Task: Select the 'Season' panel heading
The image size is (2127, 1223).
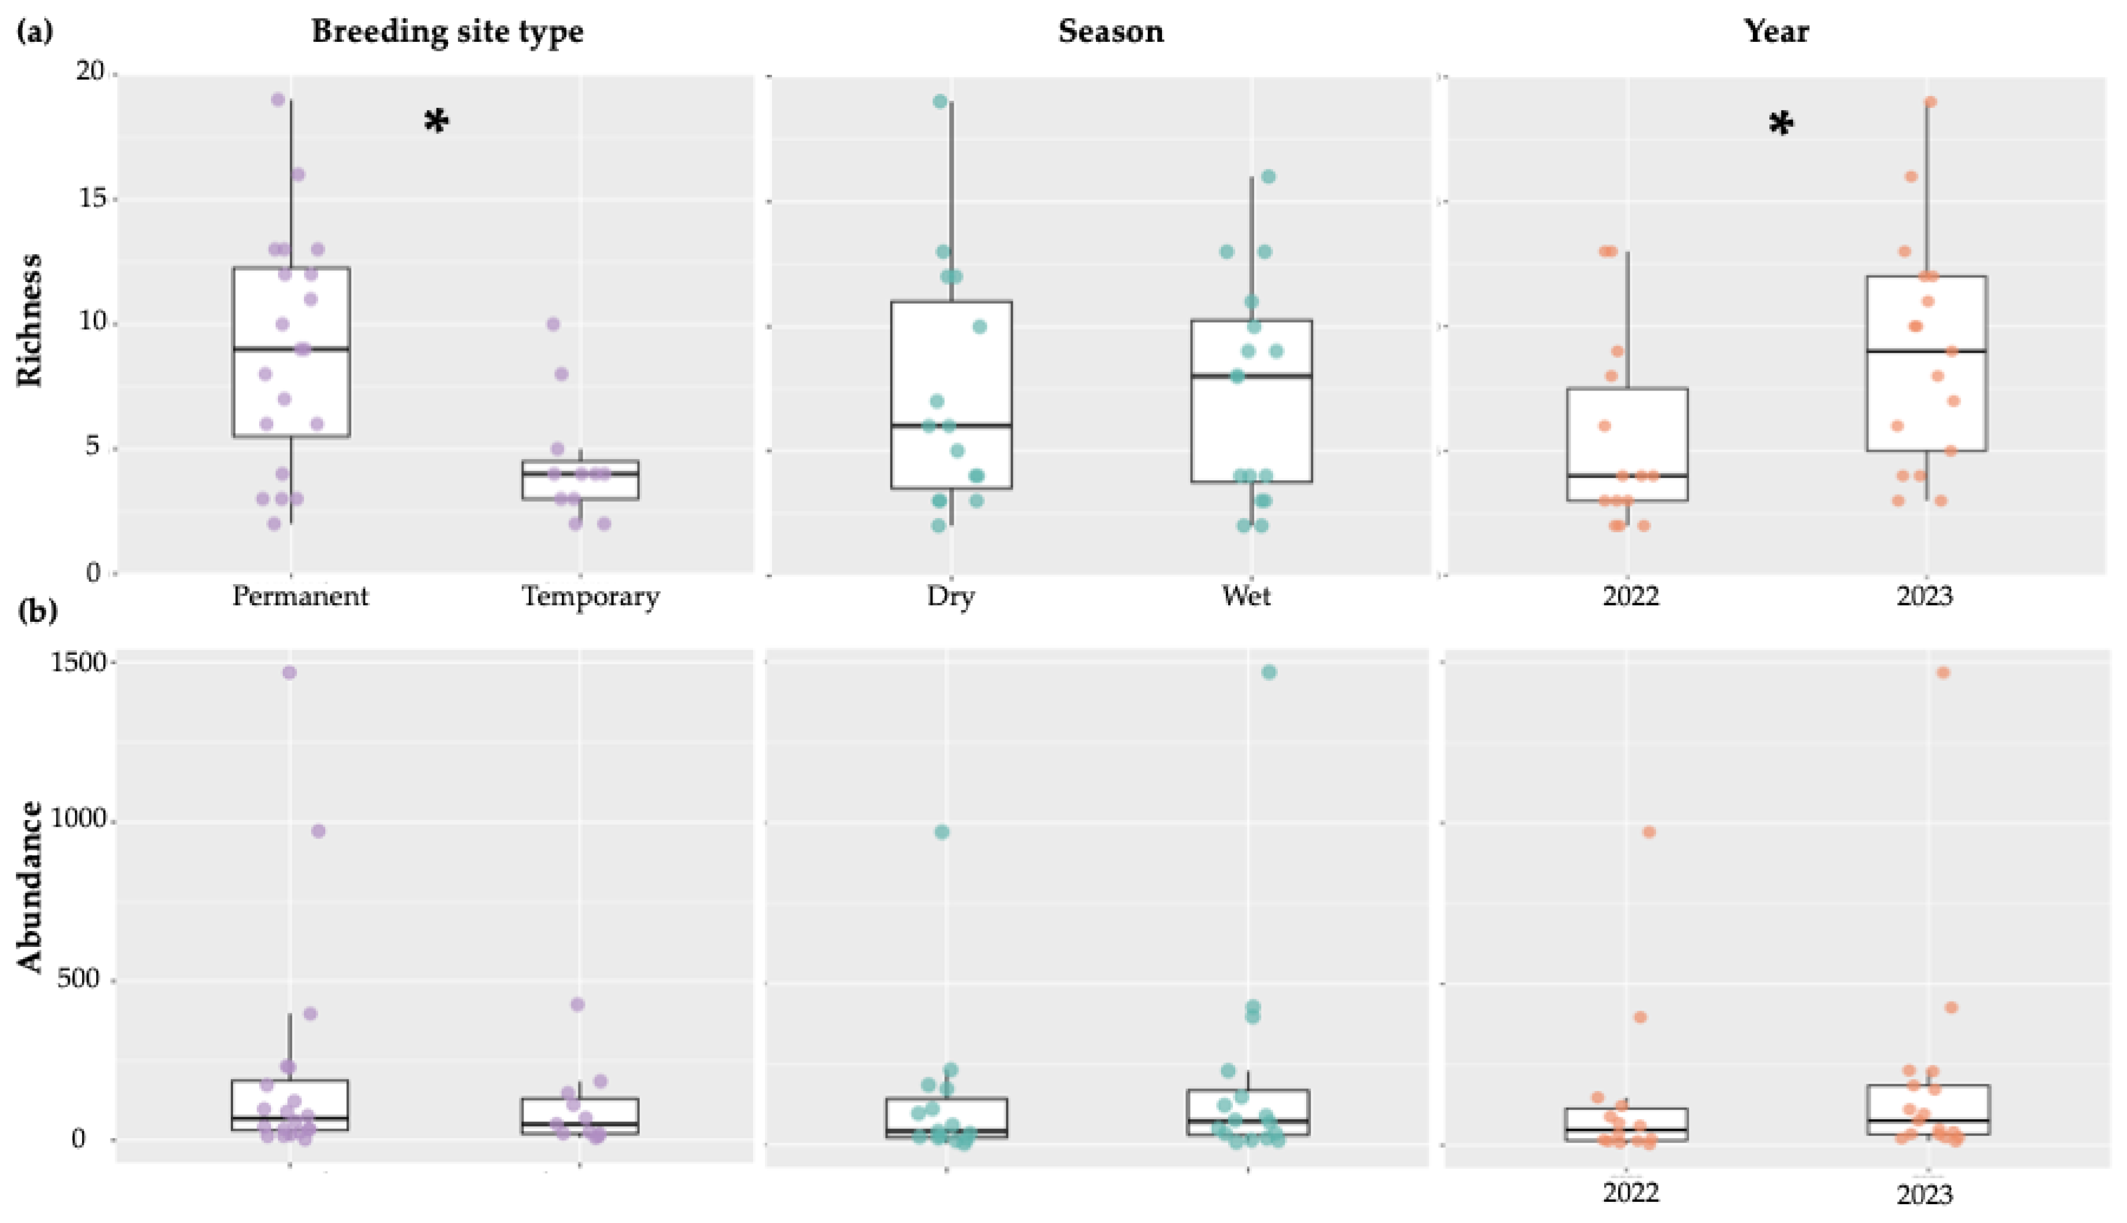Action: [x=1111, y=32]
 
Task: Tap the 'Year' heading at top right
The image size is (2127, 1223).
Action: [x=1776, y=32]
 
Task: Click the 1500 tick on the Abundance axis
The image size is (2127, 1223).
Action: [x=79, y=663]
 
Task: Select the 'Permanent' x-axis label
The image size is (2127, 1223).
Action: [x=300, y=596]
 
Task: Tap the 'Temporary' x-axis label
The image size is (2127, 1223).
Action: [x=591, y=596]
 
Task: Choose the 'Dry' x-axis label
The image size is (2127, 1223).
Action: [x=951, y=596]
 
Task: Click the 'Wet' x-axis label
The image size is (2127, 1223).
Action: [x=1246, y=596]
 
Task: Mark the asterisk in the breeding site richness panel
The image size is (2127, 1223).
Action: [x=436, y=123]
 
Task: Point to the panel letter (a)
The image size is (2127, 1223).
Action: [x=35, y=32]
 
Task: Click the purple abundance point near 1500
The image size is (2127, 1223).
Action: [x=289, y=672]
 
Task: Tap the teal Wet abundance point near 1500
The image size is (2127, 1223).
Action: [x=1268, y=672]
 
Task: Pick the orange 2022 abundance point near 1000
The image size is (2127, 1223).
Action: [x=1649, y=832]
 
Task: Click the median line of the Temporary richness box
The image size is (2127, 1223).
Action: [x=580, y=474]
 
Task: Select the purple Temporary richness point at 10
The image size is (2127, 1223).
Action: [x=553, y=324]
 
